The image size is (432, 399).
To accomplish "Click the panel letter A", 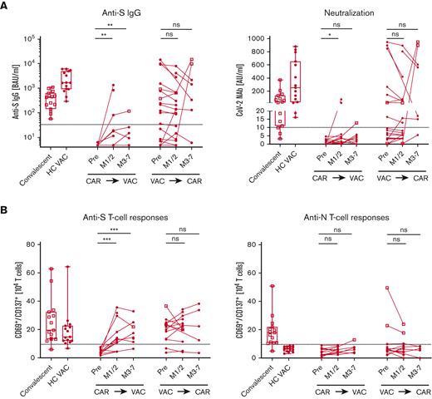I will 6,6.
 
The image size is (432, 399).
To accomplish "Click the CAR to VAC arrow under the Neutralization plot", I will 320,180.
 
